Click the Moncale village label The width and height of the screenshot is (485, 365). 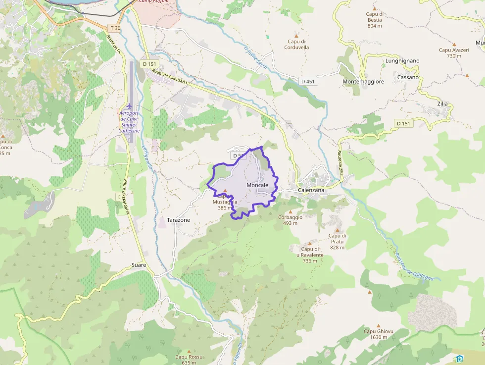pos(257,185)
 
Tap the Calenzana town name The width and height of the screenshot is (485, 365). pos(311,190)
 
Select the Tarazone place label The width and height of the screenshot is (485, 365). pos(178,220)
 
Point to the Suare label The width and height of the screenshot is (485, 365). pos(139,265)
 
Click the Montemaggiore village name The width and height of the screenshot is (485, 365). pos(363,82)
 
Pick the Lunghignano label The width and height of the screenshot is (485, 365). pos(402,61)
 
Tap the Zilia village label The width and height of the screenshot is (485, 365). pos(442,104)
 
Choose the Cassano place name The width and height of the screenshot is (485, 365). pos(407,77)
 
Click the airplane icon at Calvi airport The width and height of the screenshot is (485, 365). pos(130,106)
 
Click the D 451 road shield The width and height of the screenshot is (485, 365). pos(307,81)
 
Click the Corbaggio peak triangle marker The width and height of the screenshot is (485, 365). pos(291,211)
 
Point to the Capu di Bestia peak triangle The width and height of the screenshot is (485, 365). pos(375,9)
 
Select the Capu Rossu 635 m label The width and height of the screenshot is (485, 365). pos(189,360)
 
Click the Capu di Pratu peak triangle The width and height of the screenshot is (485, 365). pos(337,230)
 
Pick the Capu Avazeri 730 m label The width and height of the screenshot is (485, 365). pos(450,53)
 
